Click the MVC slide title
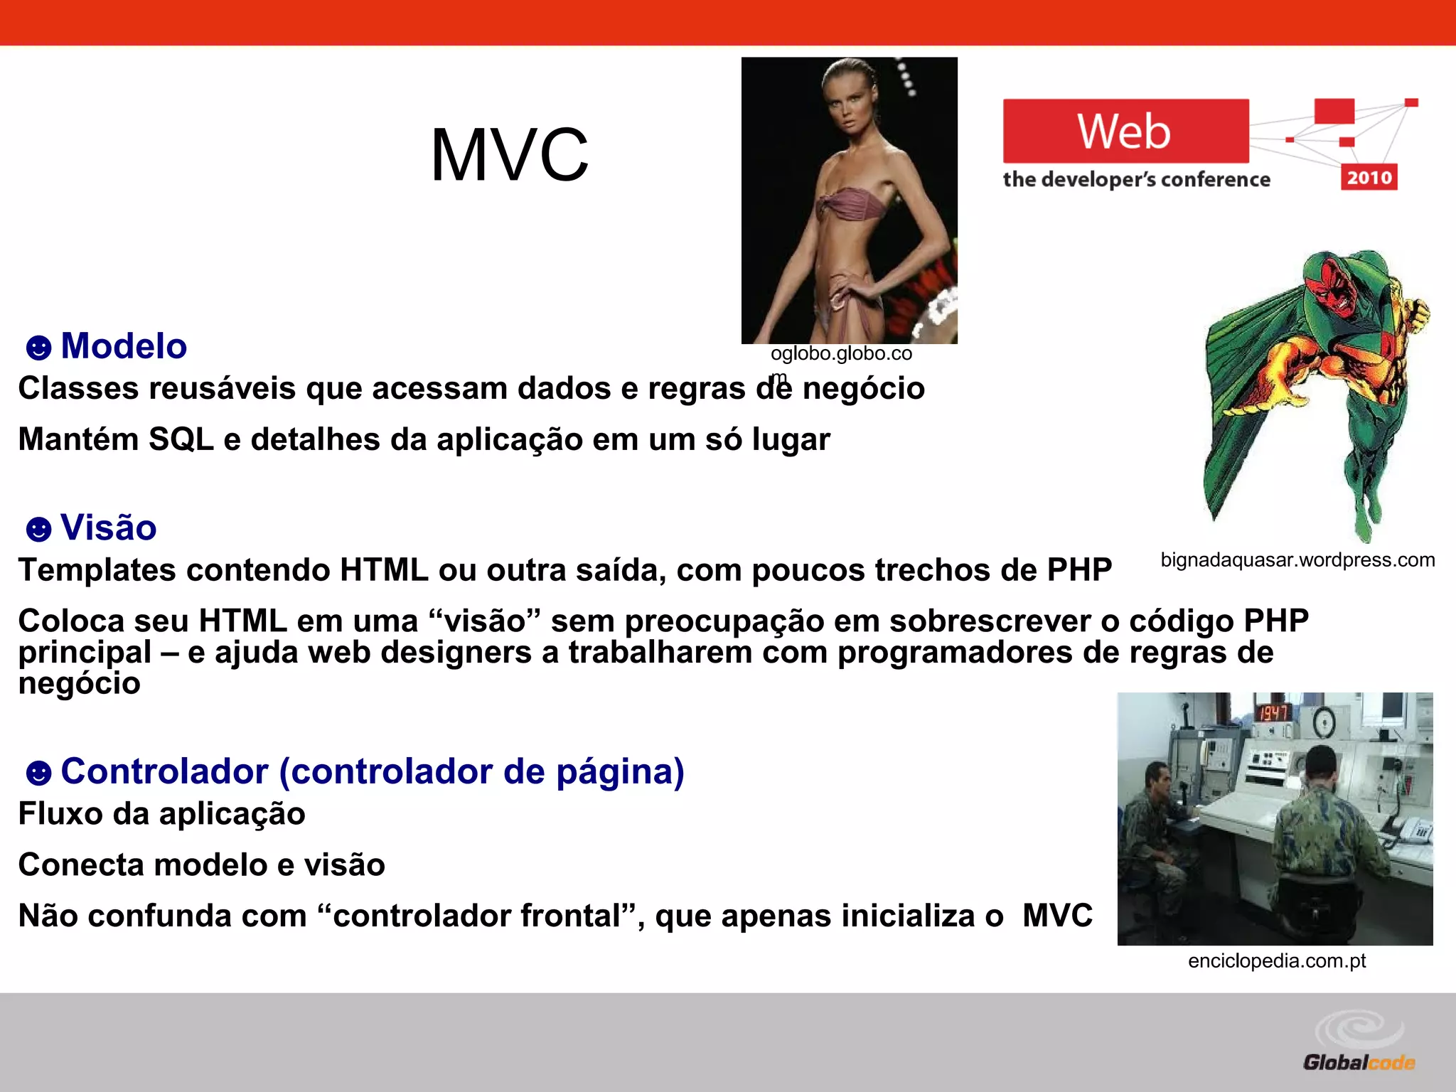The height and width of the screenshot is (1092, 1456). tap(510, 155)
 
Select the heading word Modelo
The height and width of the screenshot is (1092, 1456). tap(124, 346)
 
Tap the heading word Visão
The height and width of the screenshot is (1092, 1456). tap(109, 528)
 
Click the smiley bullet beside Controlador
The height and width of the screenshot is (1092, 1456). tap(38, 773)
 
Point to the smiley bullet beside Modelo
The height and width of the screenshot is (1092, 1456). tap(38, 348)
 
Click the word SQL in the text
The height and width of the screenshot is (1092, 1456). tap(181, 439)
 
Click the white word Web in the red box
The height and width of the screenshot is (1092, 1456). tap(1123, 132)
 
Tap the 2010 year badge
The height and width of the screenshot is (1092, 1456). tap(1369, 177)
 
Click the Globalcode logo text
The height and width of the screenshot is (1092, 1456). tap(1359, 1062)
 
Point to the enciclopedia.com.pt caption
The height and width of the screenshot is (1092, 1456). tap(1277, 961)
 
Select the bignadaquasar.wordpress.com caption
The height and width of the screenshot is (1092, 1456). tap(1297, 560)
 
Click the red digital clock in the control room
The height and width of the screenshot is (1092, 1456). tap(1273, 712)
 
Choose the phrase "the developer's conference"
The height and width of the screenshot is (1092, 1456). tap(1136, 180)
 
